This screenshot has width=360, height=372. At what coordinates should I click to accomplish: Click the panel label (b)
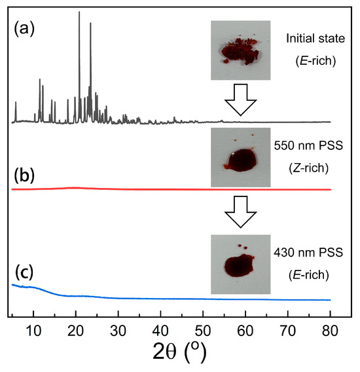26,176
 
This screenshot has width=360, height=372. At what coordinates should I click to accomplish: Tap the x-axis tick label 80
331,329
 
